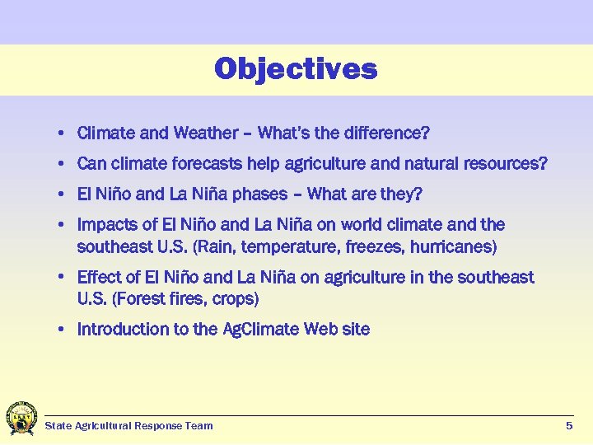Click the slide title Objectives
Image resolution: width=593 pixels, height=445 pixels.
(x=296, y=68)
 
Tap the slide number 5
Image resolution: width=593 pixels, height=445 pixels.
(x=569, y=425)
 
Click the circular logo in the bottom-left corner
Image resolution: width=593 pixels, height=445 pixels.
(x=21, y=418)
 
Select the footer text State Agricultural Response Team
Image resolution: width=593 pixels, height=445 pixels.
(x=128, y=426)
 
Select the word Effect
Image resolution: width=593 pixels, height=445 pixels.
(x=98, y=278)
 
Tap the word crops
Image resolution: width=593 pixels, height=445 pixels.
(x=232, y=297)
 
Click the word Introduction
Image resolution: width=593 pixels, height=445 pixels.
(x=123, y=330)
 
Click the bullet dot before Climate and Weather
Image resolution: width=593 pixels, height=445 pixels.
(x=63, y=133)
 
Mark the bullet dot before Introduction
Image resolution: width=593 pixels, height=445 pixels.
(x=63, y=330)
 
